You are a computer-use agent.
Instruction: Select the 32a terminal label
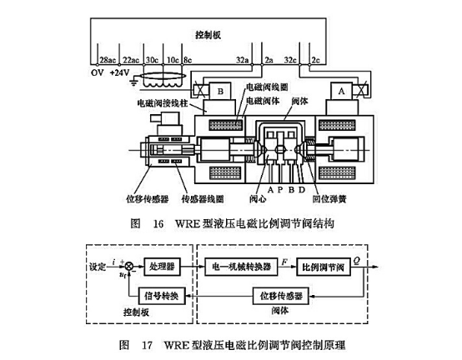pos(241,61)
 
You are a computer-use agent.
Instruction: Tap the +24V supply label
pos(124,72)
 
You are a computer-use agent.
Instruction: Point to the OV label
pos(96,72)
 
